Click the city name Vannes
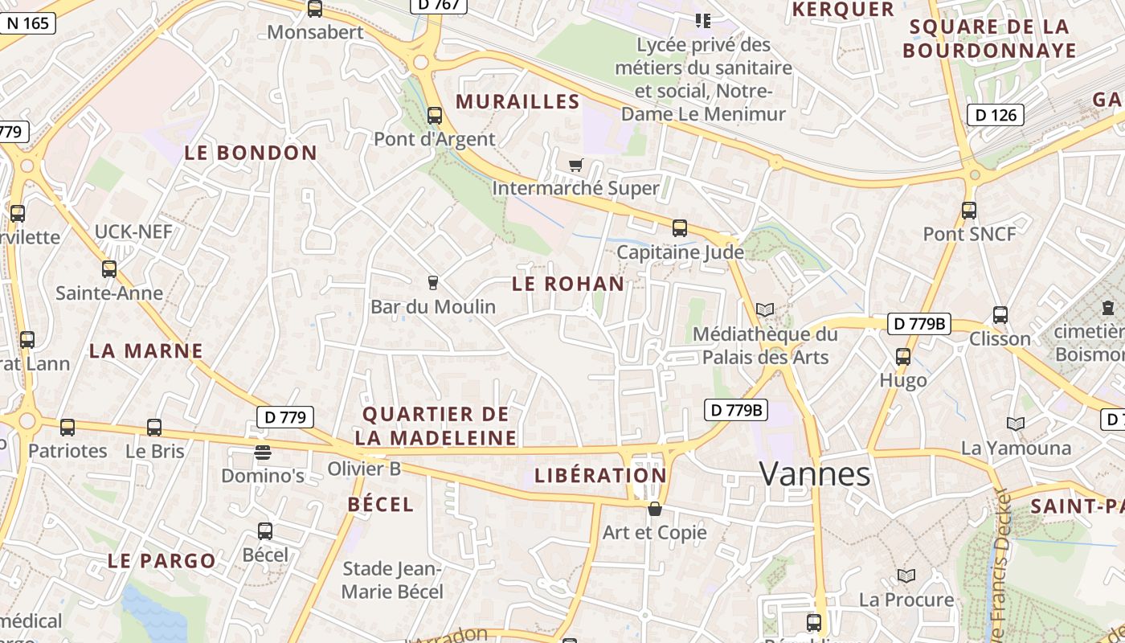(815, 475)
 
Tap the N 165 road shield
(27, 23)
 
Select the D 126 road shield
(996, 115)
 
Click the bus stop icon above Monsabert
(315, 9)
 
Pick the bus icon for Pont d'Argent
(435, 116)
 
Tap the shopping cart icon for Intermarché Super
(575, 166)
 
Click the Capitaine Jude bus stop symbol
(680, 228)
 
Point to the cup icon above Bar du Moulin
(433, 283)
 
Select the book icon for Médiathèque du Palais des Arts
(765, 310)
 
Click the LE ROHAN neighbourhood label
(568, 284)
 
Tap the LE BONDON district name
(252, 153)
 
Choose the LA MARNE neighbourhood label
(146, 351)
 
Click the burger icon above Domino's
(263, 453)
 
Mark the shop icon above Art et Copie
(655, 509)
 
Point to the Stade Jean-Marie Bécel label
(393, 580)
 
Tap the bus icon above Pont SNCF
(969, 211)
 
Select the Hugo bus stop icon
(903, 357)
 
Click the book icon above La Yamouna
(1016, 424)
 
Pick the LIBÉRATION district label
(601, 475)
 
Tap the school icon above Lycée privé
(703, 21)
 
